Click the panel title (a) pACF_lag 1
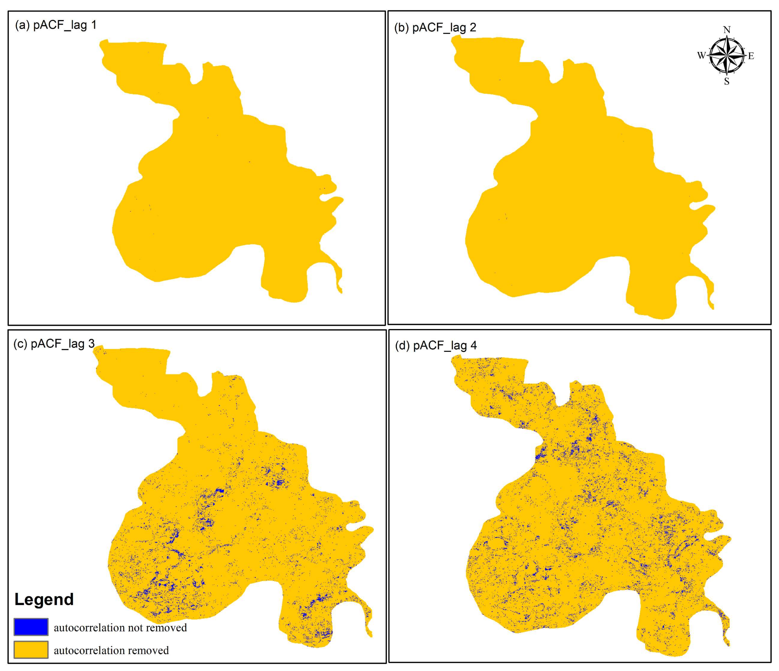[x=56, y=25]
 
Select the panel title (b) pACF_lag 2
[x=435, y=28]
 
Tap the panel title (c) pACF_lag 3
[x=54, y=344]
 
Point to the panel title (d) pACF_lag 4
[x=436, y=345]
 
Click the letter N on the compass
[x=727, y=30]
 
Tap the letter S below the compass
[x=727, y=82]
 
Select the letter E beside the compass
[x=751, y=56]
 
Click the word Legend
[x=44, y=599]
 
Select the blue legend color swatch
[x=31, y=627]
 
